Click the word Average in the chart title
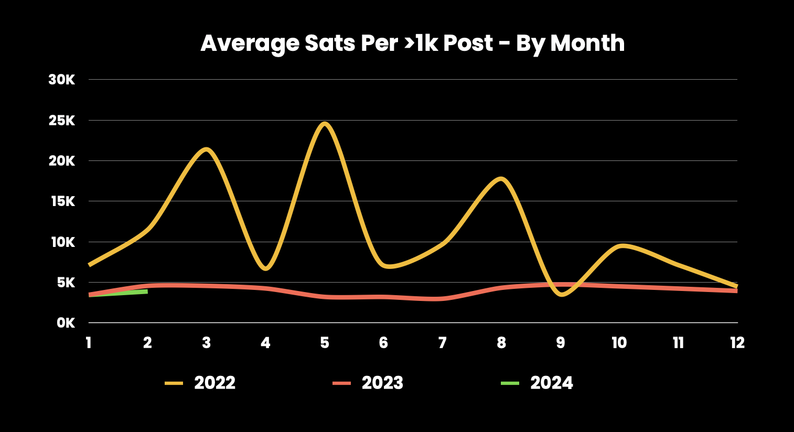250,44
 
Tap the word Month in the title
587,43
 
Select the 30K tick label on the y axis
62,80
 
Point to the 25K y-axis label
62,121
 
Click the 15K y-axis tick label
63,202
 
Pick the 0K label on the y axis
66,323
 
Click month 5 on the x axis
324,343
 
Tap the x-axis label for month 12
737,343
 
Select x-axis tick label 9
561,343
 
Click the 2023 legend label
382,383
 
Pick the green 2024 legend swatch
510,383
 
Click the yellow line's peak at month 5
325,124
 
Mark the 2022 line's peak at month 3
206,149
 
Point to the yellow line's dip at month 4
265,268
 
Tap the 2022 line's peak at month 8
501,179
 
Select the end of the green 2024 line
147,291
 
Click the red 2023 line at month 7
443,299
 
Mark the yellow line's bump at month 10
621,246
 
